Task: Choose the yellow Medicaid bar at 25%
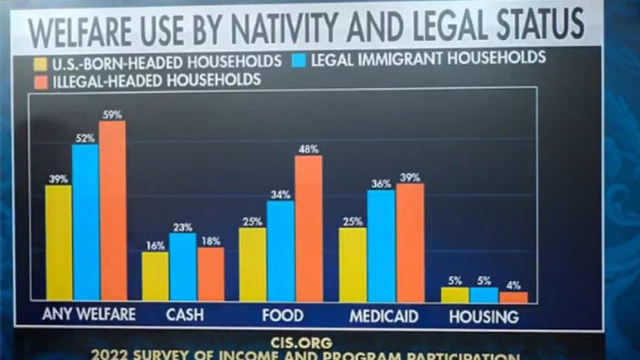pyautogui.click(x=352, y=264)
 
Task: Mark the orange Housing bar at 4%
pyautogui.click(x=514, y=297)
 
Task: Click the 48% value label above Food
pyautogui.click(x=309, y=149)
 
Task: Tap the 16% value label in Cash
pyautogui.click(x=154, y=246)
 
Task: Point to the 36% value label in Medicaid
pyautogui.click(x=381, y=184)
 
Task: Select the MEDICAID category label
pyautogui.click(x=384, y=315)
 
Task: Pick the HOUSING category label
pyautogui.click(x=484, y=316)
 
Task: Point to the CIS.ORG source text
pyautogui.click(x=312, y=342)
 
